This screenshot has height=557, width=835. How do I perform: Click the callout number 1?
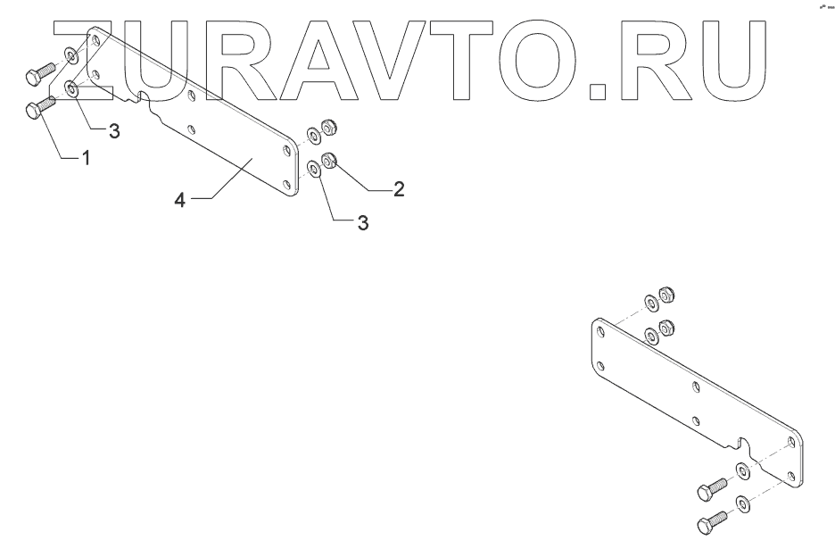click(x=86, y=158)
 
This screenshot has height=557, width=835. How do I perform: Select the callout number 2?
click(x=399, y=188)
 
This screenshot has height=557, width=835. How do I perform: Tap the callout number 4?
click(x=179, y=201)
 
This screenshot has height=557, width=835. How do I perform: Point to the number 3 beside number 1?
click(x=113, y=131)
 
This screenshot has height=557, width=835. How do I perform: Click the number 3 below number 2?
click(x=362, y=222)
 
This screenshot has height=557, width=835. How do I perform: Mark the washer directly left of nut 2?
click(x=313, y=167)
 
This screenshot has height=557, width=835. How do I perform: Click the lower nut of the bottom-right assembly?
click(x=664, y=326)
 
